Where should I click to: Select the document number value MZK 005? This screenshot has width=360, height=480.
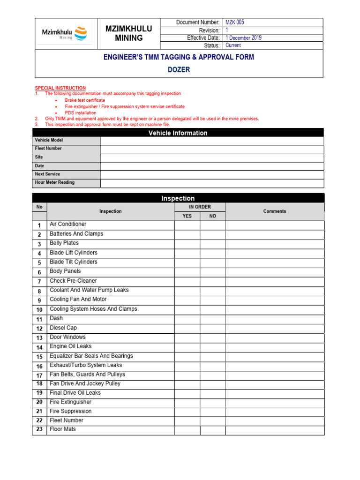(x=235, y=22)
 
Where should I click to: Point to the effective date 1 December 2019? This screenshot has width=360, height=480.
(x=243, y=37)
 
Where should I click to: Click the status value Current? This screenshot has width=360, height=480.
(x=233, y=45)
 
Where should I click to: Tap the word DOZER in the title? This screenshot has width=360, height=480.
(x=179, y=70)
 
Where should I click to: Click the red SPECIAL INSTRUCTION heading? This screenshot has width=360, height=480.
(x=60, y=88)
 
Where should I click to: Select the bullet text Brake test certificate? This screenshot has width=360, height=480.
(x=85, y=100)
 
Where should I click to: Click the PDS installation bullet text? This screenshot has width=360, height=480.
(x=81, y=113)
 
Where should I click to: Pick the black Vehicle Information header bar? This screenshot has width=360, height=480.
(x=178, y=133)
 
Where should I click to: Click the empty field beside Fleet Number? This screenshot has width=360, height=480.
(x=212, y=150)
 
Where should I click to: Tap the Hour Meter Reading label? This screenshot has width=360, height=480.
(x=54, y=182)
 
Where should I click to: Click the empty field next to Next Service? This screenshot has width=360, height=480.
(x=212, y=175)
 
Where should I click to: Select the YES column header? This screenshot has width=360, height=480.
(x=187, y=216)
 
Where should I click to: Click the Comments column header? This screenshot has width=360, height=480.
(x=275, y=211)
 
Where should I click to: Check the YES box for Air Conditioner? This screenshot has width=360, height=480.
(x=187, y=225)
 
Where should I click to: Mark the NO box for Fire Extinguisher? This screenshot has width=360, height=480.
(x=213, y=403)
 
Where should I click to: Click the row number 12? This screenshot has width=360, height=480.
(x=39, y=329)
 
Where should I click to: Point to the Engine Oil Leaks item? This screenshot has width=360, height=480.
(x=71, y=346)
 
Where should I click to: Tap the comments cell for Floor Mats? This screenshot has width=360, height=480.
(x=275, y=430)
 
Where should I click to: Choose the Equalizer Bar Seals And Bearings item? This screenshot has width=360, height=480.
(x=91, y=356)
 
